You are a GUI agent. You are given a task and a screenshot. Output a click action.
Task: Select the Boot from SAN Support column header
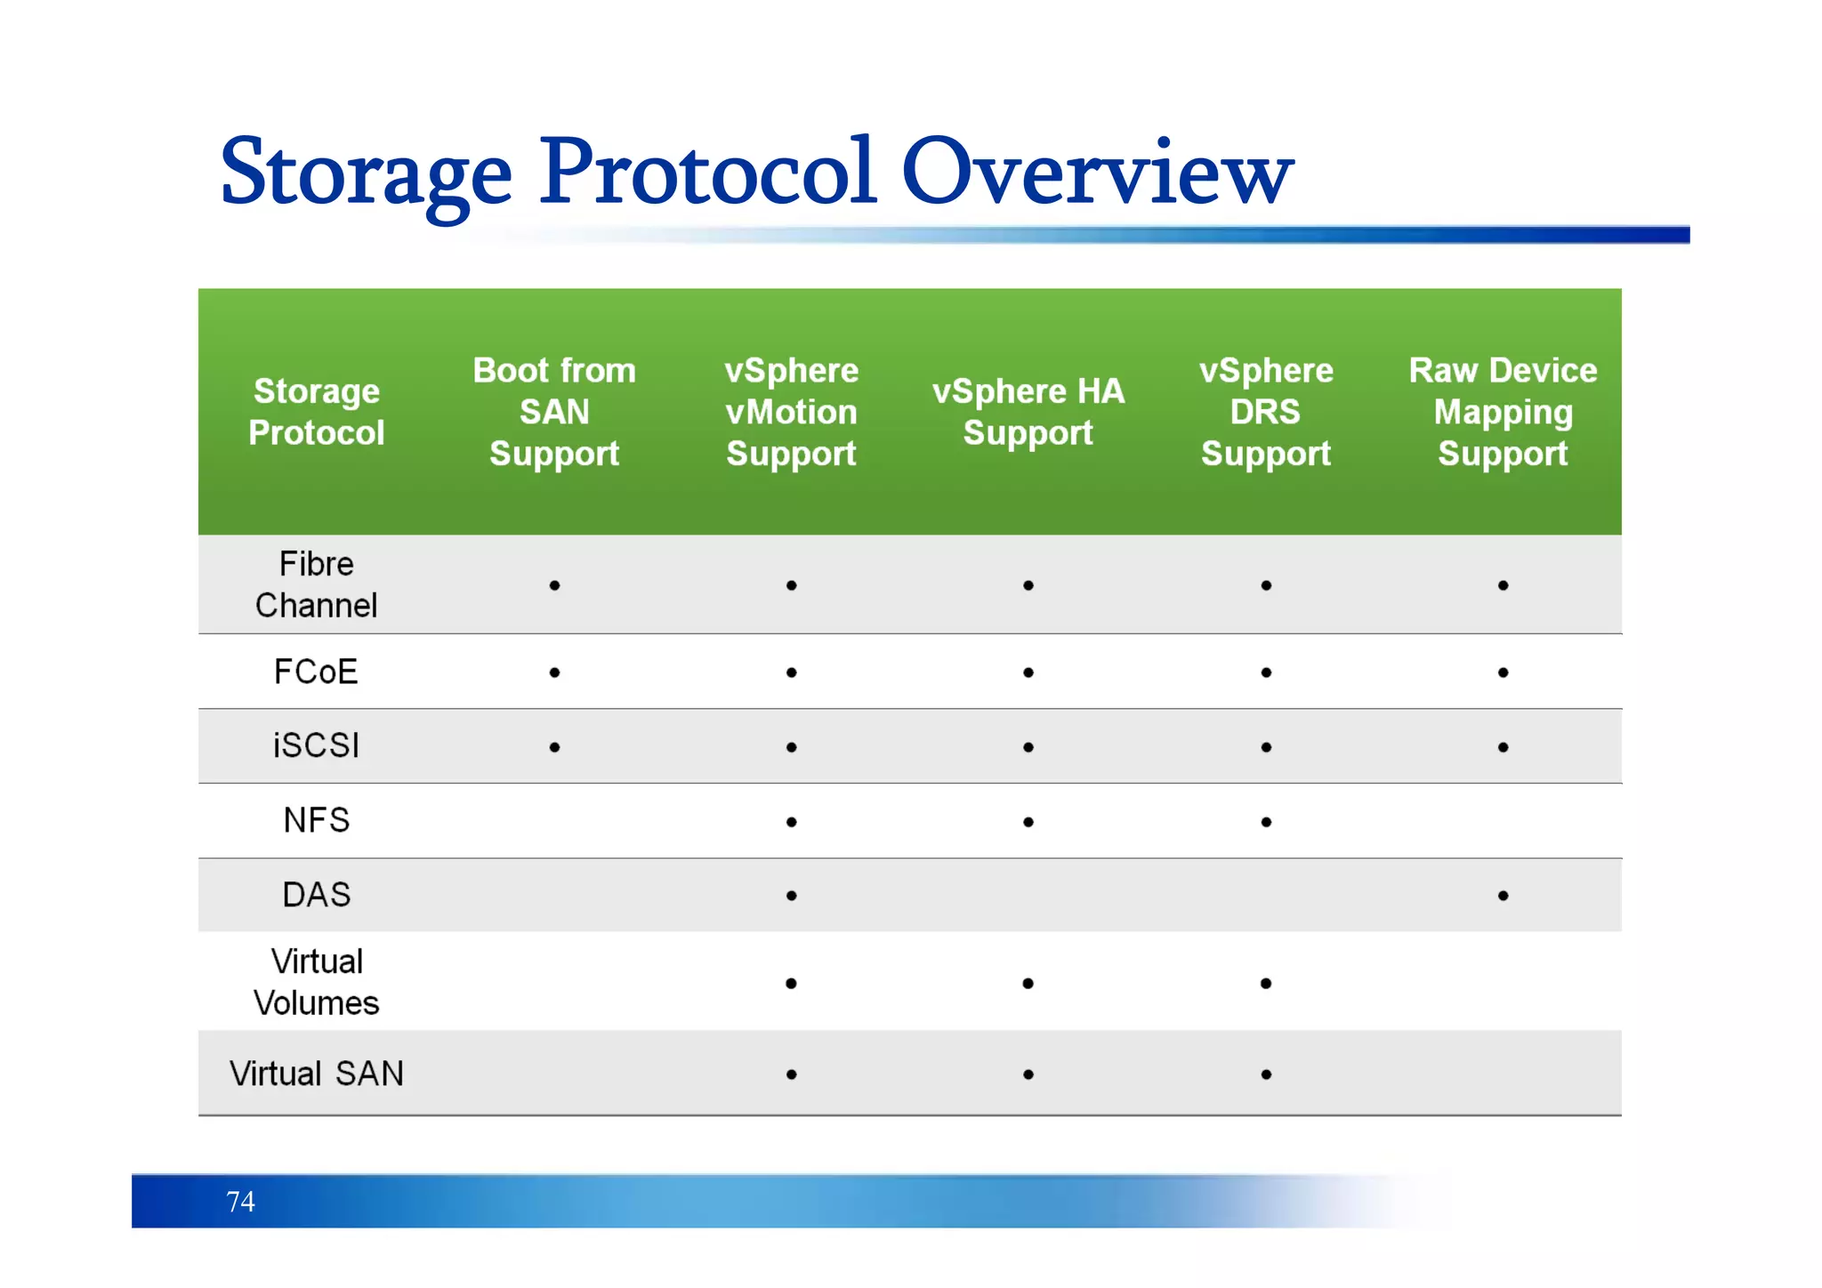(554, 412)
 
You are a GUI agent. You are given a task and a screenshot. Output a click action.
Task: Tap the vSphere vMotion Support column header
(791, 412)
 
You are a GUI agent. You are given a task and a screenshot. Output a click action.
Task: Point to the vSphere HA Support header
(1028, 412)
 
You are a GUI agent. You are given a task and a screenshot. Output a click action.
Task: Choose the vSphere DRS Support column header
(1265, 412)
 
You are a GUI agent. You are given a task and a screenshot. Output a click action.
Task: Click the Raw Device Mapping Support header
(1503, 412)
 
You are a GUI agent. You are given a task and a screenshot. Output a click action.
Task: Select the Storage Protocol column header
(316, 412)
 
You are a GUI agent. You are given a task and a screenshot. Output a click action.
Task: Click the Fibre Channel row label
(316, 584)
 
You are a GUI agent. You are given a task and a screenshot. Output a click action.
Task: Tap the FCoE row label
(316, 672)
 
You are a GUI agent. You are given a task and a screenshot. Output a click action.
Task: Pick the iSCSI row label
(316, 745)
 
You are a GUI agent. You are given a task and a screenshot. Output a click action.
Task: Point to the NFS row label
(316, 820)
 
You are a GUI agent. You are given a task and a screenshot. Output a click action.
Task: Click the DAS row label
(316, 895)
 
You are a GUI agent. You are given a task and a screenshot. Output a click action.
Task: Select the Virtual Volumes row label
(316, 982)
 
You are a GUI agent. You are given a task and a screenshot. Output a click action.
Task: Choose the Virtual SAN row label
(316, 1074)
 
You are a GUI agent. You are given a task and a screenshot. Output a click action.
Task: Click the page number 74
(240, 1202)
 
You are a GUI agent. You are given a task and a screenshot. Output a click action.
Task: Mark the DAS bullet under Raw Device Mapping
(1503, 896)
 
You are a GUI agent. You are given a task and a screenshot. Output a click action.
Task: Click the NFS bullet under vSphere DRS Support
(1265, 822)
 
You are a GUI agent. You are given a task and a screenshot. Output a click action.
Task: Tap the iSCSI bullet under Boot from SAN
(554, 747)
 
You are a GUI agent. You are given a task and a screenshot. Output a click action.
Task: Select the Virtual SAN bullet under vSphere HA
(1028, 1075)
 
